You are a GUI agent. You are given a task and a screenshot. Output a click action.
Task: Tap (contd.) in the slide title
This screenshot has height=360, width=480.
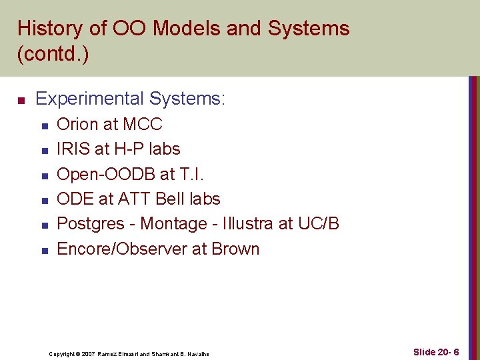pos(53,54)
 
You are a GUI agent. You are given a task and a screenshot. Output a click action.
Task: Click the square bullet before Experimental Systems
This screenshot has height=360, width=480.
pos(21,101)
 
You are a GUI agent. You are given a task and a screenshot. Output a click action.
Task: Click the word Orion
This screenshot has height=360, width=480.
pos(77,124)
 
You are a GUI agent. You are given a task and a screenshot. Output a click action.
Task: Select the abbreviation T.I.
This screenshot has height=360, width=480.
pos(192,174)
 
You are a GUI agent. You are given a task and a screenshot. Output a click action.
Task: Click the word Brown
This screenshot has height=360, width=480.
pos(235,249)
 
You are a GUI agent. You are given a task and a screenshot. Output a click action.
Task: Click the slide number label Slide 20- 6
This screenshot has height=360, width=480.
pos(435,351)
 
